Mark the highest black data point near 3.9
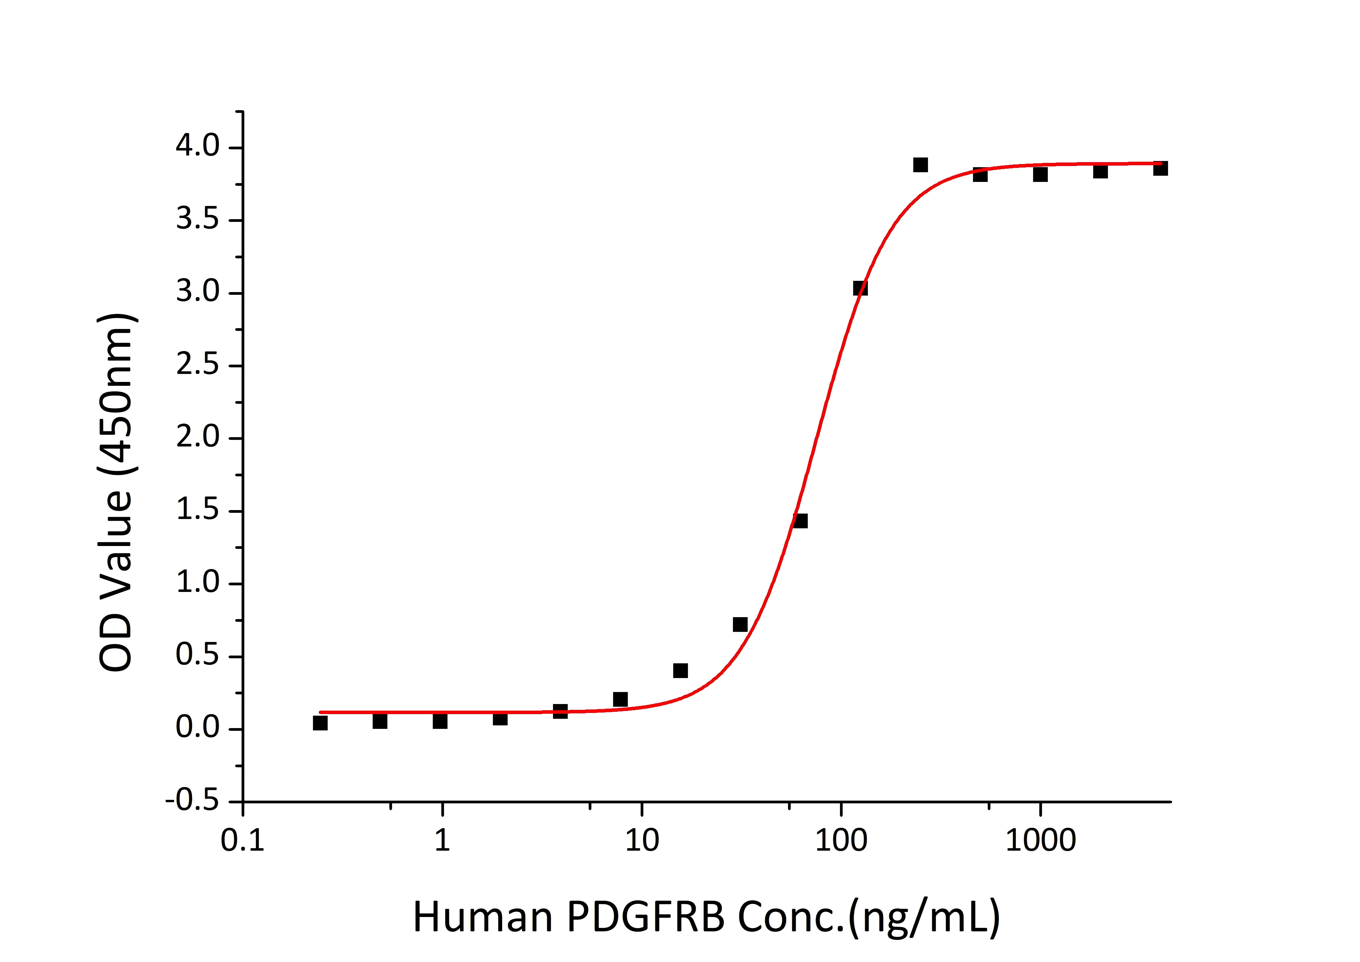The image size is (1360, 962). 920,165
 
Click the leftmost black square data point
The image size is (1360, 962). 320,723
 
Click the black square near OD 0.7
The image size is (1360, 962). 740,624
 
